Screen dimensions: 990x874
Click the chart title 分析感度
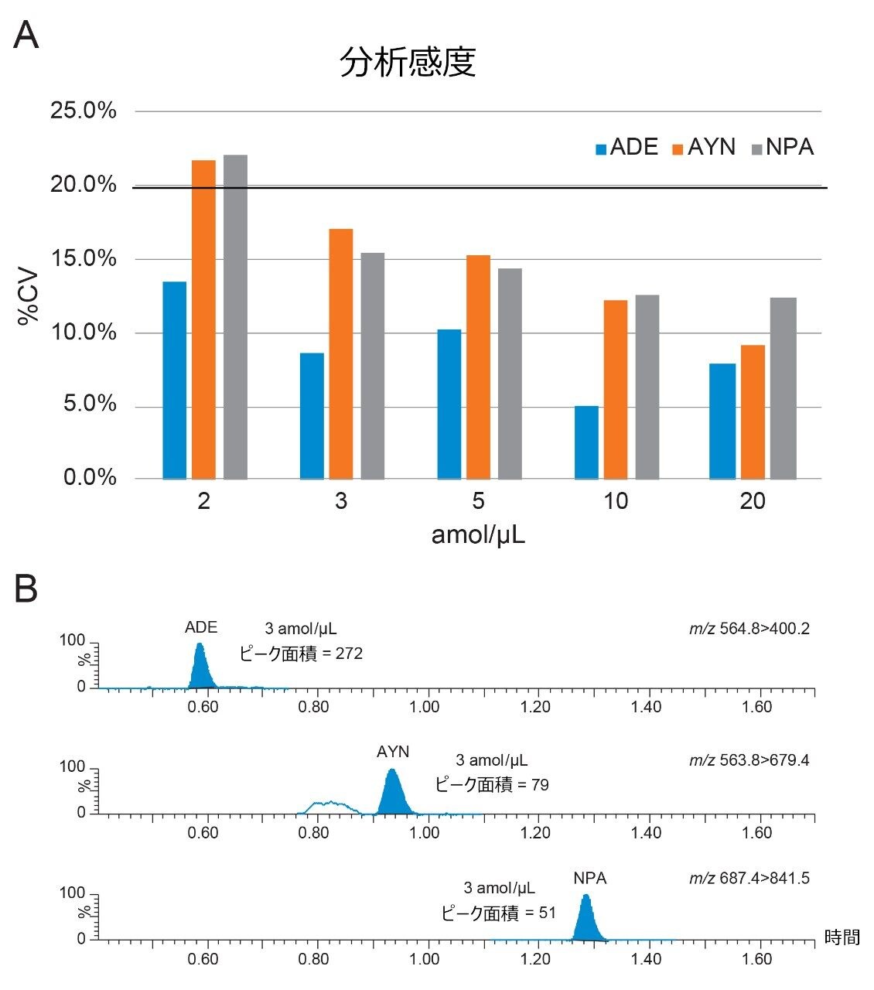coord(408,63)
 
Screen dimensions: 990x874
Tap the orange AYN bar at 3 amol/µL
coord(341,353)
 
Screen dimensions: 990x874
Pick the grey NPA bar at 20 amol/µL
coord(784,387)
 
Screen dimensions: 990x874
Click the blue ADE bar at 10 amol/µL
coord(586,442)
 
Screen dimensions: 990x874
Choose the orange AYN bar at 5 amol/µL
coord(478,367)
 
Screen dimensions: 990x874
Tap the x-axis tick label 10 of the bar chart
coord(616,502)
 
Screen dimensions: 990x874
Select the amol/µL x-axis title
coord(478,534)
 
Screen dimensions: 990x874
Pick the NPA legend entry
coord(782,147)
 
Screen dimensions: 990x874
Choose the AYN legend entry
coord(703,147)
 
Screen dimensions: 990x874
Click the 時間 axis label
coord(842,937)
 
